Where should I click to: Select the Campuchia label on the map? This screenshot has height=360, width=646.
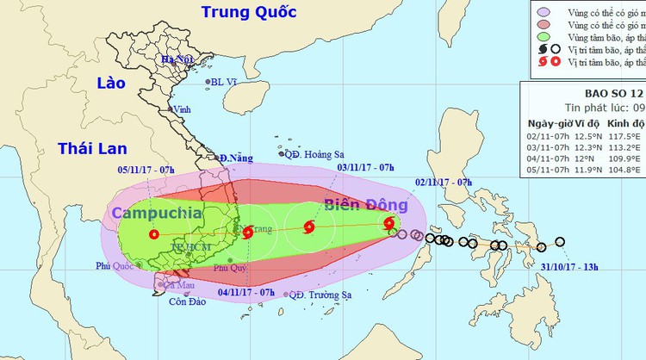(x=156, y=213)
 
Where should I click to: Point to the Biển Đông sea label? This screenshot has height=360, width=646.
(x=365, y=205)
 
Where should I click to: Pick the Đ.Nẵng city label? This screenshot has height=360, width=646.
(x=235, y=158)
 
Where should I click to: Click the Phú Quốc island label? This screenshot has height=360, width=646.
(x=115, y=267)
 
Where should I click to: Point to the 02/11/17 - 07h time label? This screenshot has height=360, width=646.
(x=443, y=183)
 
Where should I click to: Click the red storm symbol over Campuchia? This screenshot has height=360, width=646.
(x=154, y=234)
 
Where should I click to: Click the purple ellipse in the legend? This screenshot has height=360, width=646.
(x=544, y=11)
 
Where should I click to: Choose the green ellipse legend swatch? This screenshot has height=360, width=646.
(x=544, y=37)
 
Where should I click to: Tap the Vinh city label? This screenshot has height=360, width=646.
(x=182, y=109)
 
